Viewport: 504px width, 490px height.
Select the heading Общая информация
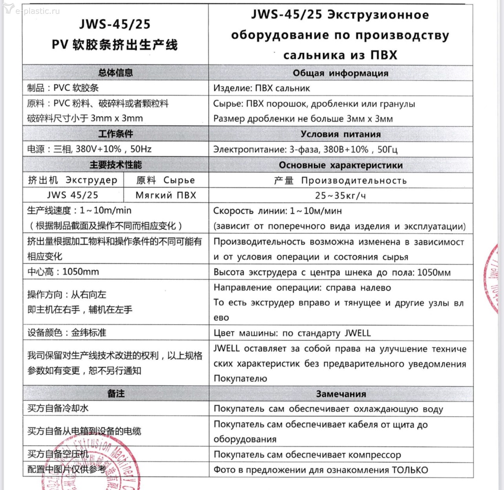point(340,73)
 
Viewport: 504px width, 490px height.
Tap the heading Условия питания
point(340,134)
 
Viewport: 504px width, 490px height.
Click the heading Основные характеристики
point(340,165)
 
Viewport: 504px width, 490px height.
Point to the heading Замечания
point(341,394)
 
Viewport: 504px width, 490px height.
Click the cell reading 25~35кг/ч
point(340,196)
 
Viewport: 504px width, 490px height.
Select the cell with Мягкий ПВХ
point(166,195)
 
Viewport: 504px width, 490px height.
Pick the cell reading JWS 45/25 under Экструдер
point(73,195)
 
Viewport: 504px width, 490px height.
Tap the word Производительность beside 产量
point(354,181)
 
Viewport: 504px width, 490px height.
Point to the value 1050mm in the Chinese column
point(80,272)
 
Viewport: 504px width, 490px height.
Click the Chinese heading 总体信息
point(115,73)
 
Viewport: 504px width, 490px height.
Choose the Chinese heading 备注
point(115,393)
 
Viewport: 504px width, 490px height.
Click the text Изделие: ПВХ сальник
point(261,88)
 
